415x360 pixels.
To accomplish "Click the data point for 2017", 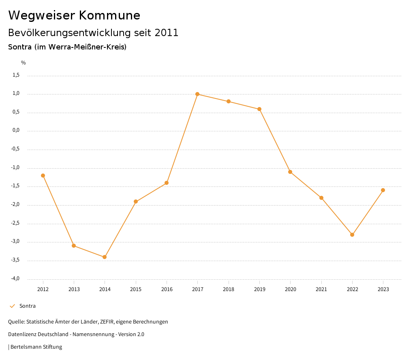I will point(197,94).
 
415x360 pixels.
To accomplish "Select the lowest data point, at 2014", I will point(105,257).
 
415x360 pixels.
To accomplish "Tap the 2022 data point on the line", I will point(352,235).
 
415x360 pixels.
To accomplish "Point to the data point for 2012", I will point(43,176).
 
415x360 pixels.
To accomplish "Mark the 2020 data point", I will point(290,172).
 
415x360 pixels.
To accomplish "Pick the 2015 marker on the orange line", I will point(136,201).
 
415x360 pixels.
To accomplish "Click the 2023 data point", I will point(383,190).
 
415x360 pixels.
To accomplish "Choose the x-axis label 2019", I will point(259,289).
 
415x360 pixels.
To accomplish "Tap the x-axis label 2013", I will point(74,289).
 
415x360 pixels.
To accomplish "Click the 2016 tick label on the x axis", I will point(167,289).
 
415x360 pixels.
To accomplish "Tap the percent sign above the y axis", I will point(24,63).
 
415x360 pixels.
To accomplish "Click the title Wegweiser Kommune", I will point(74,15).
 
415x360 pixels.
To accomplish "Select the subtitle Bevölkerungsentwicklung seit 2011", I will point(93,33).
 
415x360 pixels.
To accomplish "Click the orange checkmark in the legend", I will point(12,306).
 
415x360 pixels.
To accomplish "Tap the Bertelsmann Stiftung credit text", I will point(36,347).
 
